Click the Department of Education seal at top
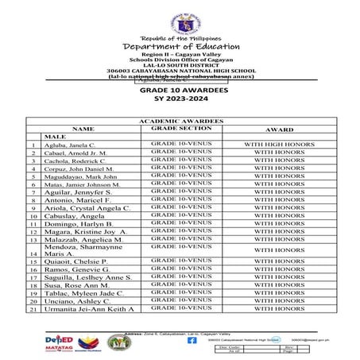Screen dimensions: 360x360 [x=180, y=24]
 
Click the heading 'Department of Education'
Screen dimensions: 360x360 [x=180, y=48]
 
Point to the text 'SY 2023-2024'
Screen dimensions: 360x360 [x=180, y=100]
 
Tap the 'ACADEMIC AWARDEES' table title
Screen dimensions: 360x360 [x=180, y=120]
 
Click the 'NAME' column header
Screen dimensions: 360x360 [x=83, y=128]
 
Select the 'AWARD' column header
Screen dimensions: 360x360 [x=279, y=128]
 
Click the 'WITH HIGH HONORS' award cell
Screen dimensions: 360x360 [x=279, y=145]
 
